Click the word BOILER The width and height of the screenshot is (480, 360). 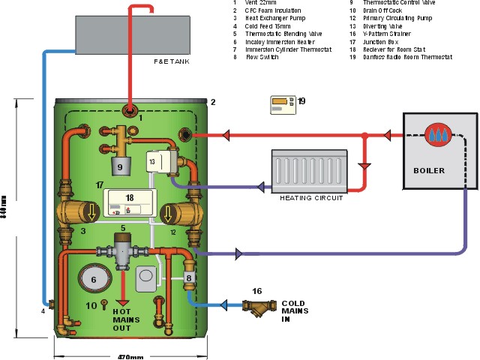click(x=429, y=170)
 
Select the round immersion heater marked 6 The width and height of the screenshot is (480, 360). click(x=94, y=279)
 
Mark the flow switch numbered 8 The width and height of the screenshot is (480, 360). click(x=190, y=278)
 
